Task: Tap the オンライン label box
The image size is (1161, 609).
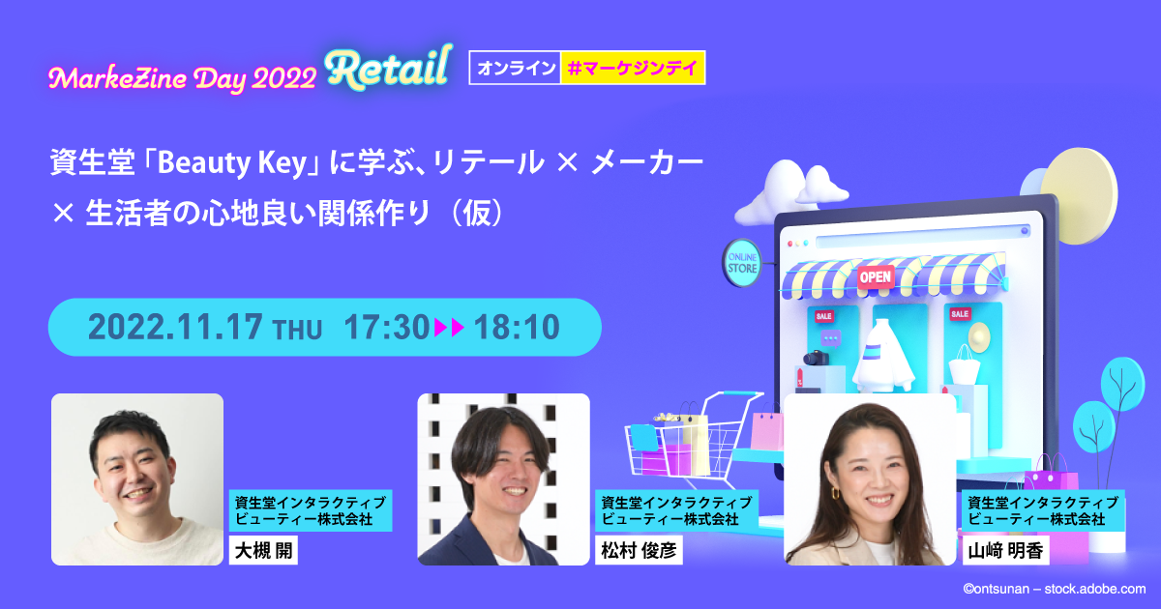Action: [515, 68]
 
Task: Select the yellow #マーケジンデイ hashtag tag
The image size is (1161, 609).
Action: [633, 68]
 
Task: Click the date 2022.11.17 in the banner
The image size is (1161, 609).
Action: [175, 328]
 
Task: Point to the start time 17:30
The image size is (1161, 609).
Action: [386, 328]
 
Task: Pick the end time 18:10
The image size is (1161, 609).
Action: [517, 328]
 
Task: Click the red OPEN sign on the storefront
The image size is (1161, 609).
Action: [875, 276]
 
